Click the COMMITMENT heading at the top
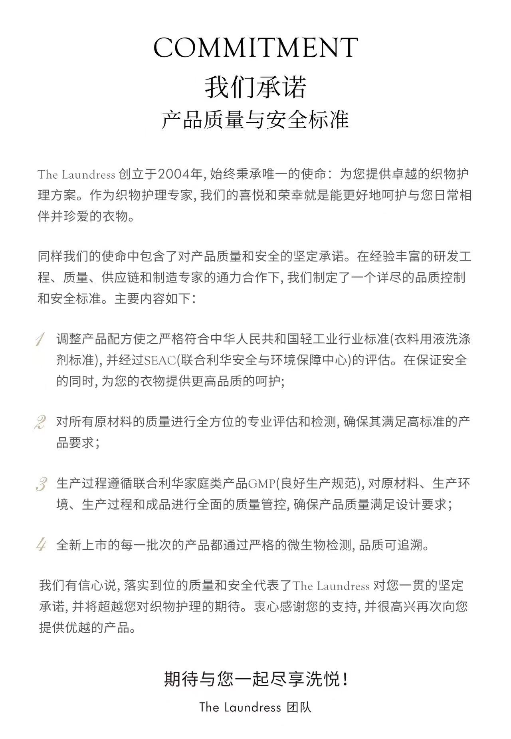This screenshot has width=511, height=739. pyautogui.click(x=255, y=48)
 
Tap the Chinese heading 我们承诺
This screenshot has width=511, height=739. pyautogui.click(x=255, y=87)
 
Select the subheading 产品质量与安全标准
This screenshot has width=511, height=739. pyautogui.click(x=255, y=120)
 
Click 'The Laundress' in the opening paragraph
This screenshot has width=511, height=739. pyautogui.click(x=76, y=175)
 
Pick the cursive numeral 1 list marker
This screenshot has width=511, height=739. pyautogui.click(x=40, y=339)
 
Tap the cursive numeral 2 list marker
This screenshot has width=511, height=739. pyautogui.click(x=40, y=422)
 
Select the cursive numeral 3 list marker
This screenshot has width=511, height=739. pyautogui.click(x=41, y=484)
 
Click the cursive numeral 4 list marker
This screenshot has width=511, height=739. pyautogui.click(x=41, y=545)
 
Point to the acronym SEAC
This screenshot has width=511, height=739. pyautogui.click(x=160, y=361)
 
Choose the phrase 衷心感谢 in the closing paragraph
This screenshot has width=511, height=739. pyautogui.click(x=280, y=607)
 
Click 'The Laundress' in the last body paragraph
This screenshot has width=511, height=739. pyautogui.click(x=331, y=586)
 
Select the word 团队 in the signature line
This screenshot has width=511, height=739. pyautogui.click(x=299, y=707)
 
